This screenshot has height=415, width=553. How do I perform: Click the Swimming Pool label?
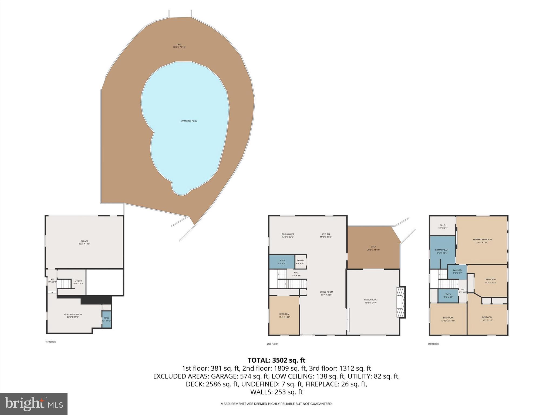click(x=188, y=121)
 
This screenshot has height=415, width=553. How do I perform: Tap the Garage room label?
click(x=84, y=242)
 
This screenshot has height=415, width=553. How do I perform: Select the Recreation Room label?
click(x=73, y=316)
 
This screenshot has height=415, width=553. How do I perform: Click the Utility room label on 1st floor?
click(x=78, y=282)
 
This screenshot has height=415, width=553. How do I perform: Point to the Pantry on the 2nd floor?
click(x=300, y=262)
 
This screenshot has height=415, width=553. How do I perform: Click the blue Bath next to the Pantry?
click(x=282, y=262)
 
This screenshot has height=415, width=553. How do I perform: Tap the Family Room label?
click(x=370, y=301)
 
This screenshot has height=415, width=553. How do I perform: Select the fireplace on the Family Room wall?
click(x=401, y=302)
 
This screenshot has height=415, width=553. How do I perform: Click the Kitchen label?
click(x=325, y=235)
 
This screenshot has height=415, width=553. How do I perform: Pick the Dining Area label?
click(x=288, y=235)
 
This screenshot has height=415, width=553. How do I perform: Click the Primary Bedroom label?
click(x=482, y=241)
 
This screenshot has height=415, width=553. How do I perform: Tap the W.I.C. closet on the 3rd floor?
click(x=443, y=226)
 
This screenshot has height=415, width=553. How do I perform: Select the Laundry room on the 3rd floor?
click(x=457, y=272)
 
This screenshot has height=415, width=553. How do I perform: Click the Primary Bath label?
click(x=442, y=251)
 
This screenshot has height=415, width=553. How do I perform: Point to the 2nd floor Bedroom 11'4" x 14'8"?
click(x=284, y=315)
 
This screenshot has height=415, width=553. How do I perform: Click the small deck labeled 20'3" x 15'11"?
click(x=373, y=248)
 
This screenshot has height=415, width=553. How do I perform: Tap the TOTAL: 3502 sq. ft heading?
click(x=276, y=360)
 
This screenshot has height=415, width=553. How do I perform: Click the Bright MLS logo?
click(x=34, y=404)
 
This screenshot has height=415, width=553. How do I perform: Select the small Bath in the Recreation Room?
click(x=106, y=319)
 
